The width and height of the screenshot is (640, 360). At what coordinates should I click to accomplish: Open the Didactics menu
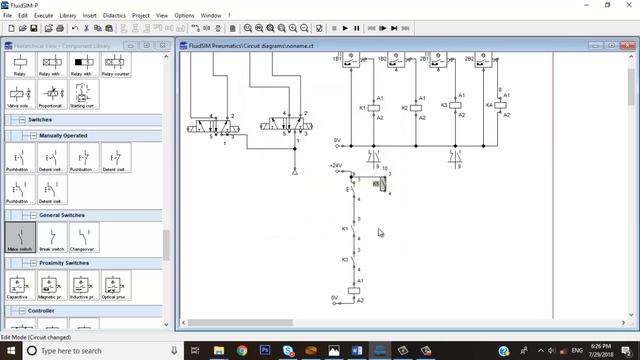(x=115, y=16)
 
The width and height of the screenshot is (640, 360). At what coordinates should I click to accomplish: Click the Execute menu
(x=44, y=16)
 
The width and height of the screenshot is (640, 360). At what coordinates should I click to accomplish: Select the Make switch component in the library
(x=20, y=237)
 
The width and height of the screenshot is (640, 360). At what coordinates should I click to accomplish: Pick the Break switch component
(x=52, y=237)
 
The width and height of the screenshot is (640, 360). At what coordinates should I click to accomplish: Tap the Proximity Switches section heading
(x=64, y=263)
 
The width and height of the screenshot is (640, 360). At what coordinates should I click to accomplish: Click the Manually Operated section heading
(x=63, y=135)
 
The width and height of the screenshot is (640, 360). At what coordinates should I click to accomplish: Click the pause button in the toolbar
(x=358, y=29)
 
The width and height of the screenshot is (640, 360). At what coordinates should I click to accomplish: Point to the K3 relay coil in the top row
(x=456, y=105)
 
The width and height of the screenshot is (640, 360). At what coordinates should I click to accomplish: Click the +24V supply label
(x=336, y=165)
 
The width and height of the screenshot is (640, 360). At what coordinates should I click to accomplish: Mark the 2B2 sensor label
(x=469, y=59)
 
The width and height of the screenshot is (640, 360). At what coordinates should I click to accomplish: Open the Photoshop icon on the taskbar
(x=266, y=351)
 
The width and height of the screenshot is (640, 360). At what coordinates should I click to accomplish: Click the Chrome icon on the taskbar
(x=242, y=351)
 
